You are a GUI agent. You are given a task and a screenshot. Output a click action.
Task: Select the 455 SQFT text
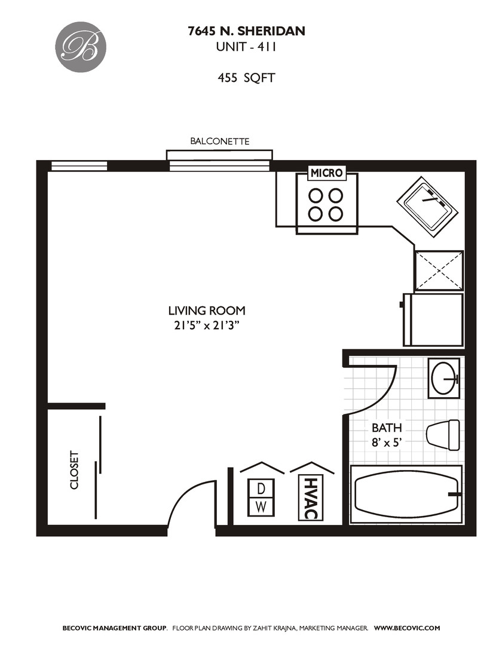click(246, 78)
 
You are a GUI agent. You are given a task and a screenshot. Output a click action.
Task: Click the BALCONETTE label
click(219, 142)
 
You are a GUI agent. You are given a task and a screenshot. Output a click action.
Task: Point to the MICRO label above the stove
click(327, 173)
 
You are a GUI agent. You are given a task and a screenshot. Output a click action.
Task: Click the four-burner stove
click(326, 204)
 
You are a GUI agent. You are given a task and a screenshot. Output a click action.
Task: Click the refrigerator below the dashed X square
click(434, 320)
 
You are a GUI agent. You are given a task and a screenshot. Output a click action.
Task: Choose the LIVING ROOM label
click(207, 311)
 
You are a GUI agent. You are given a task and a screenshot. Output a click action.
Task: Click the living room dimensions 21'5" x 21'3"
click(207, 325)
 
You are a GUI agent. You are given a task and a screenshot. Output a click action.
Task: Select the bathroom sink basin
click(445, 379)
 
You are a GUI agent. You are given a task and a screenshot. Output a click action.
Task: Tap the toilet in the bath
click(443, 434)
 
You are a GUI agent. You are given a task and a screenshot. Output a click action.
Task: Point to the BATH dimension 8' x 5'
click(387, 443)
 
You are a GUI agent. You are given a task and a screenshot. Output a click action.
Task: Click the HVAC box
click(310, 497)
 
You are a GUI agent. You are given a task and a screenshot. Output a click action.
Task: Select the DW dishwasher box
click(261, 497)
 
